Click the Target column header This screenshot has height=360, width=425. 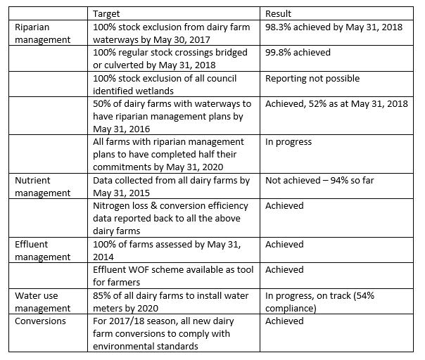[108, 13]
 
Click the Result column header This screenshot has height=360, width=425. [279, 13]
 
